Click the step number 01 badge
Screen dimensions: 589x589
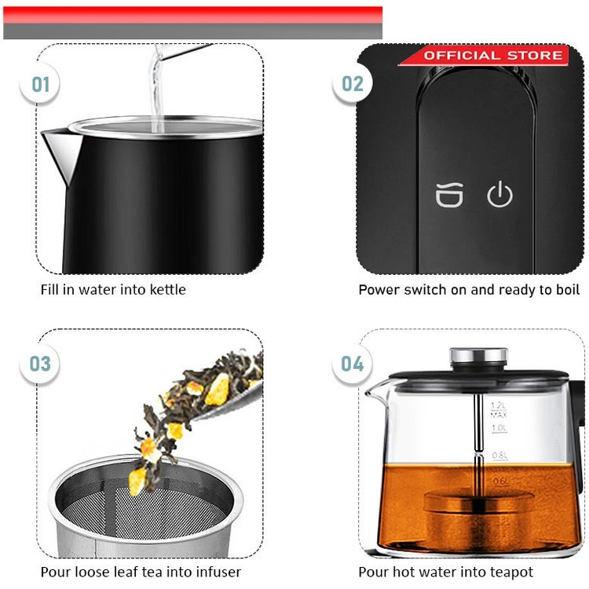[x=39, y=84]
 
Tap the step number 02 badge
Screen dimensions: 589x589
[x=353, y=83]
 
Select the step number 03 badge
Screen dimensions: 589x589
[x=39, y=364]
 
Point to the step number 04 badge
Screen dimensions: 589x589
[x=353, y=364]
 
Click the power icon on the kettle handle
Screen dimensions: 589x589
[x=499, y=194]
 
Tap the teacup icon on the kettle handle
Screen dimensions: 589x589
[x=449, y=195]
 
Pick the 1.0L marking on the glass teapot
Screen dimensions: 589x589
[x=499, y=428]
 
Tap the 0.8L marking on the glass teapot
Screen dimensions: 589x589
[x=500, y=455]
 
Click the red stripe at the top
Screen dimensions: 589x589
[x=192, y=15]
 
